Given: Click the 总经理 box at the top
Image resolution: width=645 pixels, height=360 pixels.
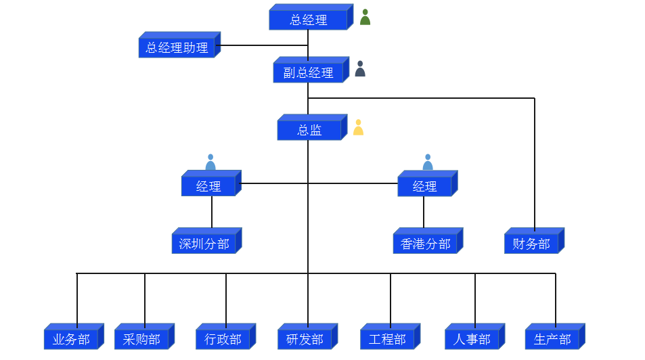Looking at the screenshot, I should [x=309, y=20].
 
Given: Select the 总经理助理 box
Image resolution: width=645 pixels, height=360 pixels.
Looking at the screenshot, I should [x=177, y=47].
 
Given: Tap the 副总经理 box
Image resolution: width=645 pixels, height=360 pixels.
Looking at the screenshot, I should [x=309, y=72].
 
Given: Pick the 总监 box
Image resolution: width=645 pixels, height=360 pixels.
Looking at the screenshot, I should [x=309, y=130].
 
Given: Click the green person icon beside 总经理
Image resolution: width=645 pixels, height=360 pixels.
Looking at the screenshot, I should [x=365, y=18].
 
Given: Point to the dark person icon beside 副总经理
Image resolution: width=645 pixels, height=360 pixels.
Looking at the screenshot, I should [x=360, y=69].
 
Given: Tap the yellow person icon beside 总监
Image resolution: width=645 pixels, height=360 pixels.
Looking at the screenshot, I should [x=358, y=127].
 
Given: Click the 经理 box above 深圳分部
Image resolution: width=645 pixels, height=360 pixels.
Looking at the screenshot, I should [x=208, y=186].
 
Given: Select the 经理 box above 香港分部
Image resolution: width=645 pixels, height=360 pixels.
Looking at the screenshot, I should [x=424, y=186].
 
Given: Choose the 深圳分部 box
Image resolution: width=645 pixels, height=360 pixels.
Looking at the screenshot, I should [x=204, y=244].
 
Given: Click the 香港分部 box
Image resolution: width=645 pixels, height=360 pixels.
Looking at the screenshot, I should [x=425, y=244].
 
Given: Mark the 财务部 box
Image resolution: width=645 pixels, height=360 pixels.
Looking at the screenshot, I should [x=531, y=244].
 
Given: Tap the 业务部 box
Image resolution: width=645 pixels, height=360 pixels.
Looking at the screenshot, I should [x=71, y=339].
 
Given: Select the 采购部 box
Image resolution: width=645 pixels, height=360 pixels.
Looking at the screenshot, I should [x=141, y=339].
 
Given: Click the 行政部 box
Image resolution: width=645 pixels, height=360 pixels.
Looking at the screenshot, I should [x=223, y=339].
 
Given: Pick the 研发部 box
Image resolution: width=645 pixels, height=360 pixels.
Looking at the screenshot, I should [x=305, y=339].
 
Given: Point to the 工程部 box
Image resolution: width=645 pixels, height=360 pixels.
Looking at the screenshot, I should [x=387, y=339].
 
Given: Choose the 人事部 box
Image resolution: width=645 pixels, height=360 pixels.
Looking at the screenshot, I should [x=472, y=339].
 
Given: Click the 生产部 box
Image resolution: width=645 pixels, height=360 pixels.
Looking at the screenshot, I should [x=552, y=339].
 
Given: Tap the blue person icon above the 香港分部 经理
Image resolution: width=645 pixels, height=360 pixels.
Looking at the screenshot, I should [x=428, y=162].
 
